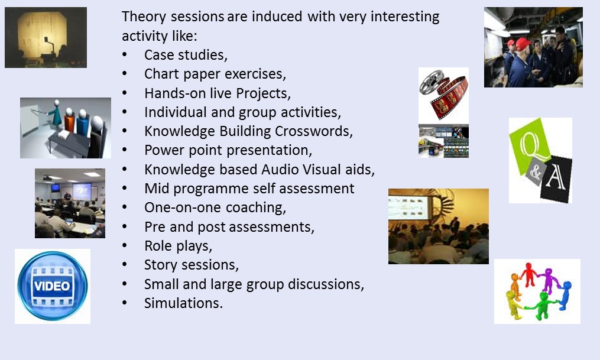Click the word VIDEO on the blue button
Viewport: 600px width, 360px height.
coord(53,286)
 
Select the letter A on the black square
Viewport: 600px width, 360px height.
coord(556,177)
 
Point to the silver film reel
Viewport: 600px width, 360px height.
coord(432,81)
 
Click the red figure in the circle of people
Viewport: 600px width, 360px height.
coord(529,274)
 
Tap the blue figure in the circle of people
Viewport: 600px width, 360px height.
coord(565,294)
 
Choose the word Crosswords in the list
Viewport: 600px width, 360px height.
coord(314,131)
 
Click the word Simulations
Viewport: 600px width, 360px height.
coord(183,303)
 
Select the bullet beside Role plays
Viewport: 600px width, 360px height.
coord(124,245)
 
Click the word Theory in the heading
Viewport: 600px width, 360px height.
coord(144,17)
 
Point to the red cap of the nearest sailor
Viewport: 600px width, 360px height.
coord(523,44)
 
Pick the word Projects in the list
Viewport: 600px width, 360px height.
coord(263,93)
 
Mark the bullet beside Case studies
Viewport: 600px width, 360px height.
coord(124,55)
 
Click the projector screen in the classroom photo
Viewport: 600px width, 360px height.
coord(82,191)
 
